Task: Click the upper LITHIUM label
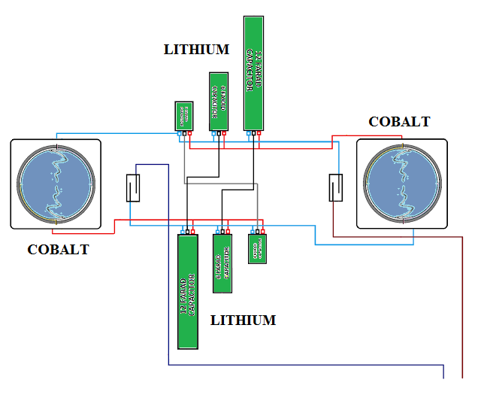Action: pos(196,50)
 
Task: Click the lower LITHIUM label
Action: pos(243,320)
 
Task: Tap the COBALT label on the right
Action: pos(399,122)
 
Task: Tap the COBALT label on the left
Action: pos(58,250)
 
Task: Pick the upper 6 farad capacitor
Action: pos(218,101)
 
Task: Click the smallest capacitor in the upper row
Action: pos(184,116)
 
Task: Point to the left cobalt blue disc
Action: pos(56,184)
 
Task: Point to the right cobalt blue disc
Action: pos(402,184)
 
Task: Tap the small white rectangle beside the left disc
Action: pos(133,188)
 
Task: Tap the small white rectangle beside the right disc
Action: pos(336,187)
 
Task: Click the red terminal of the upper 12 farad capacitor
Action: pos(259,134)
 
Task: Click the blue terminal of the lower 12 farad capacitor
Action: pos(183,231)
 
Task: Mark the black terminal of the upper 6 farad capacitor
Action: pos(218,135)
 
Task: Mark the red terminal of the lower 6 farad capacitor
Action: pos(228,231)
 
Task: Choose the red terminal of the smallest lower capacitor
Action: pos(262,231)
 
